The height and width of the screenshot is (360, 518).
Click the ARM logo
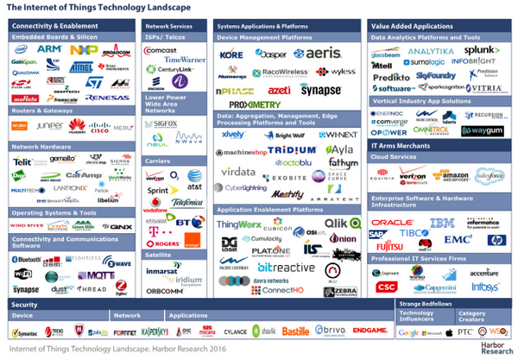tap(49, 51)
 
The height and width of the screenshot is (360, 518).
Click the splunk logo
tap(483, 52)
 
